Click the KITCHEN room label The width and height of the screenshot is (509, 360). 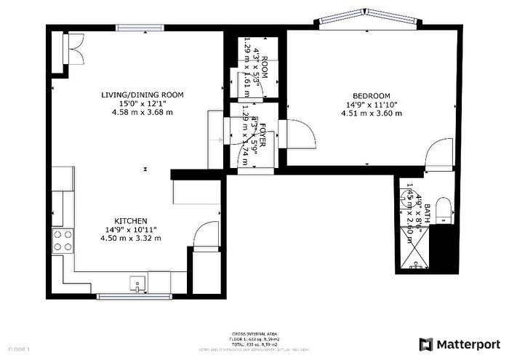(132, 220)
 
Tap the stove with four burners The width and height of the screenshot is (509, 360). (63, 240)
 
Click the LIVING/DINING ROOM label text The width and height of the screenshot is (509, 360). (142, 95)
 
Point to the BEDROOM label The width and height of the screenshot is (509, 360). (372, 96)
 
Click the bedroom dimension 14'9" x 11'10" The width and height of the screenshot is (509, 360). (372, 105)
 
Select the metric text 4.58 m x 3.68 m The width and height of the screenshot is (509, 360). (142, 113)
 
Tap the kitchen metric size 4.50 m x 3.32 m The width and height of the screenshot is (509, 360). (132, 238)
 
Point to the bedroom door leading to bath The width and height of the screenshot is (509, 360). (439, 154)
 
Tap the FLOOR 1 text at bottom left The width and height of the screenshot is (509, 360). (19, 350)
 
